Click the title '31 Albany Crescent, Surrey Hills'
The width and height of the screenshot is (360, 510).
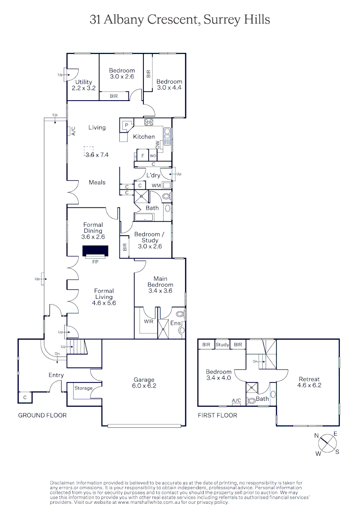point(180,19)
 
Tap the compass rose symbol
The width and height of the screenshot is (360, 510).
point(327,444)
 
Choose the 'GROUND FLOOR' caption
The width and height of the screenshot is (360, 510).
point(42,416)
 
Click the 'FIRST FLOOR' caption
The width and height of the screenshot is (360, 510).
point(218,416)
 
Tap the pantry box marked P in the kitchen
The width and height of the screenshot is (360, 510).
point(127,125)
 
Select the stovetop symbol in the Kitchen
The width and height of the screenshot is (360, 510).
point(149,122)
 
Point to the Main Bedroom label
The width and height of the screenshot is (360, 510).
point(160,282)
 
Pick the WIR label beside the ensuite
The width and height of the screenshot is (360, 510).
point(149,321)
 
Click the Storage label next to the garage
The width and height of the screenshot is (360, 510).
point(84,388)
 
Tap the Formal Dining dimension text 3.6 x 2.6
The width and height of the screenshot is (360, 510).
point(93,237)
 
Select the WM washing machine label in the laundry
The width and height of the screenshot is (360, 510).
point(156,186)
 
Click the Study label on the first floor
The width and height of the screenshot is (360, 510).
point(222,345)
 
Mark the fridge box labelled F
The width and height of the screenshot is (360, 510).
point(142,155)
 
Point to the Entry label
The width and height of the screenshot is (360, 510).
point(56,375)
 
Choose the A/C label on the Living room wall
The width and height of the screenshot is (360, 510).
point(73,131)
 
